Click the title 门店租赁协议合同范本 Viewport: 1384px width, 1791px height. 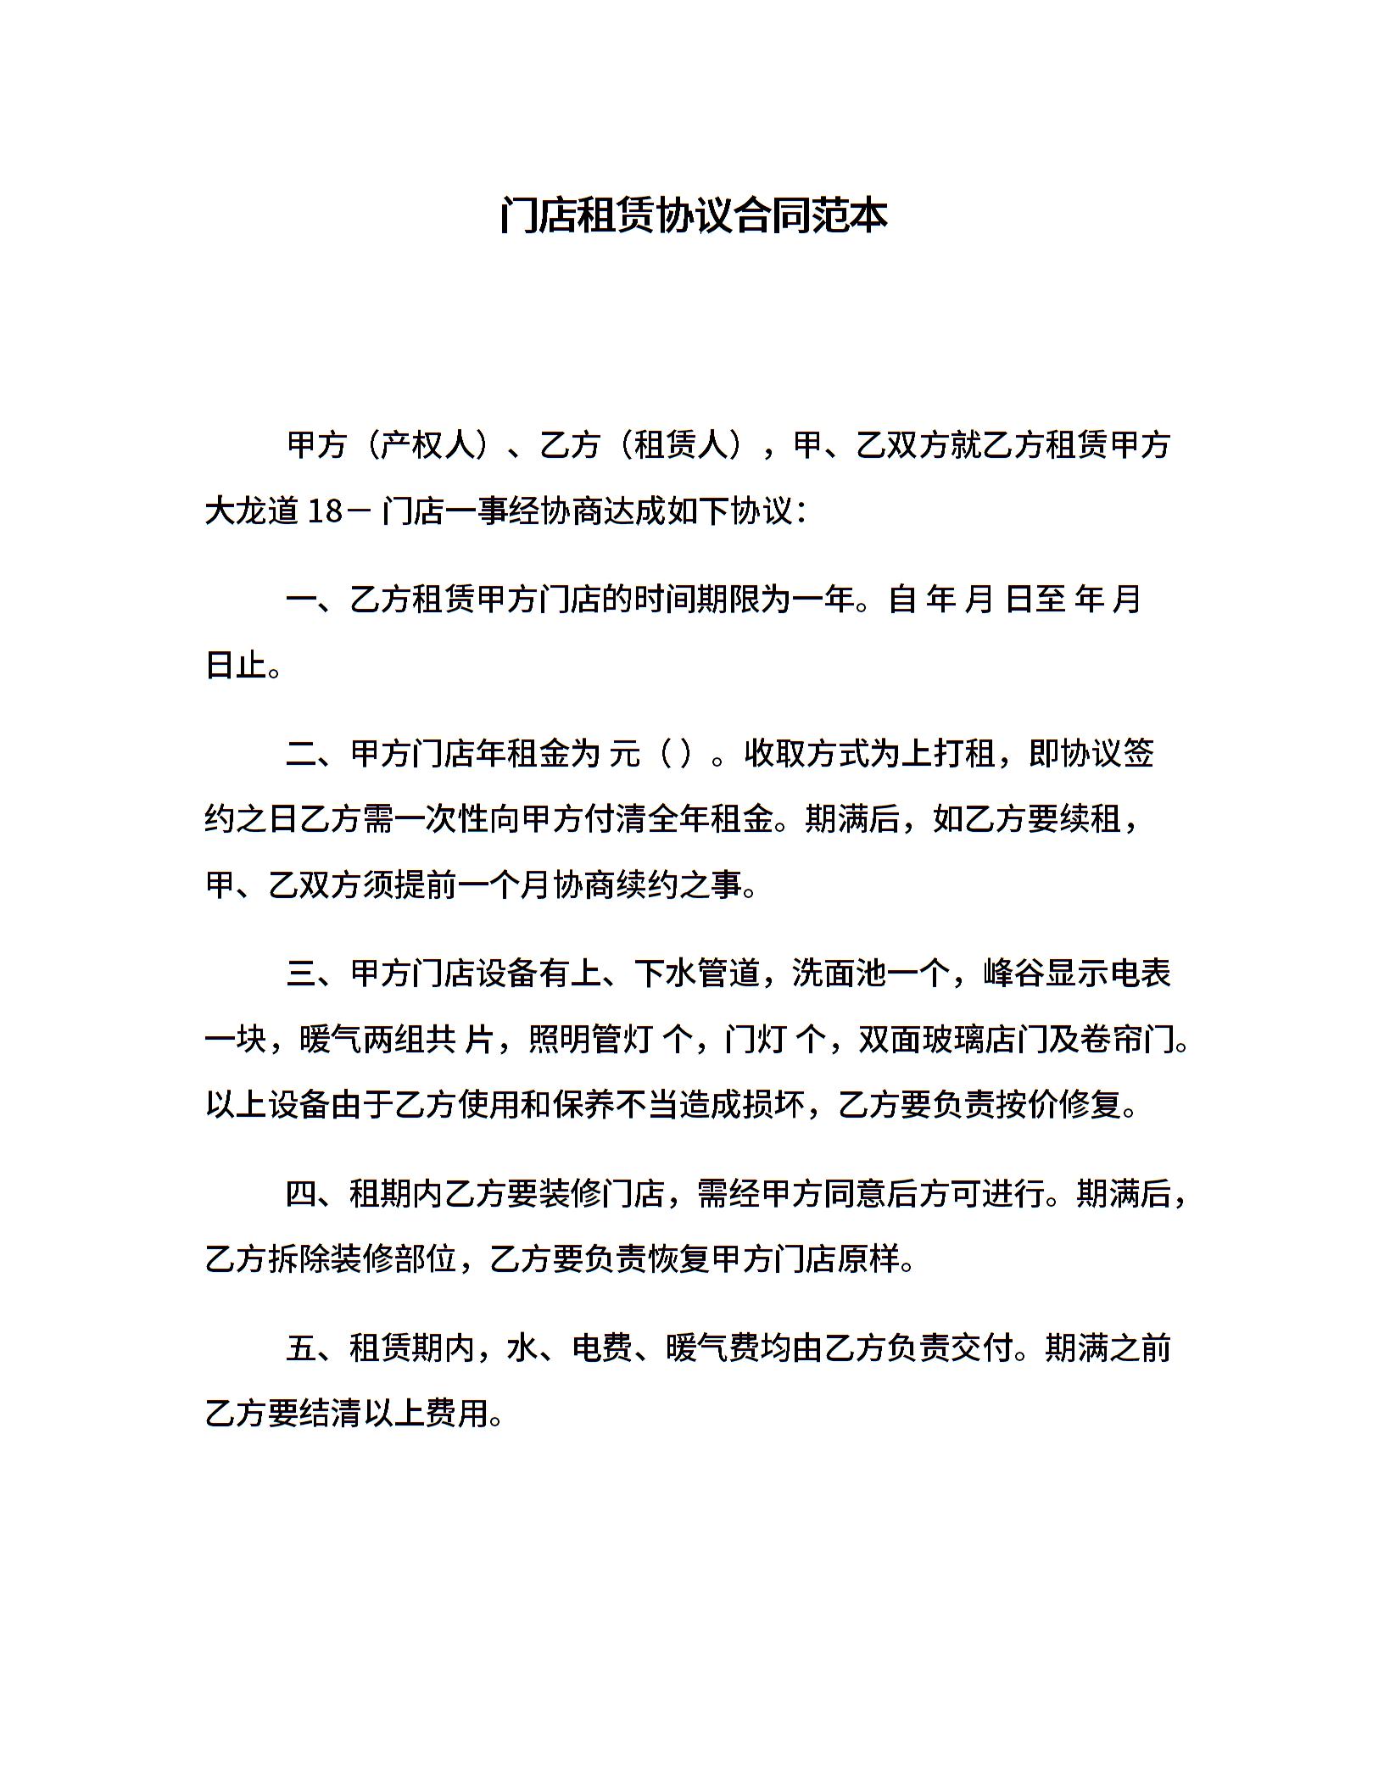coord(692,215)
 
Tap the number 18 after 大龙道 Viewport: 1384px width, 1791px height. coord(325,511)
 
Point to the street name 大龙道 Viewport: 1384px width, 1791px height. coord(252,511)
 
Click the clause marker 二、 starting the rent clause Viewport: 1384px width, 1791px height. coord(316,753)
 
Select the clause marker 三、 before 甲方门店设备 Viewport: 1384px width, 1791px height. coord(316,974)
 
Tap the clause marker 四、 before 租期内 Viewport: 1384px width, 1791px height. coord(316,1194)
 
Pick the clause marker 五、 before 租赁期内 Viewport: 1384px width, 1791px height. coord(316,1347)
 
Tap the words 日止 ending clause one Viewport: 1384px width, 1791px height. coord(237,665)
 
